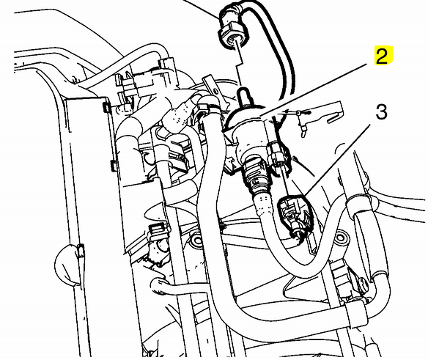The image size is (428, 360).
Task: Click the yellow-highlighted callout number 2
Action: [x=383, y=56]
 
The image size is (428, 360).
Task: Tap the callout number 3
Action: [x=382, y=112]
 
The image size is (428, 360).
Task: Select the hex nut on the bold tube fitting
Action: [x=233, y=35]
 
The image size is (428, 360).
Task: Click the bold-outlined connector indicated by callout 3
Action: [x=295, y=214]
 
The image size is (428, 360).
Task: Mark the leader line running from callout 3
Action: [x=337, y=160]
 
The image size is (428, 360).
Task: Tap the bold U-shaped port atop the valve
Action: [x=244, y=96]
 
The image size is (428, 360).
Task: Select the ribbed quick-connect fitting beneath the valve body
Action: [x=254, y=175]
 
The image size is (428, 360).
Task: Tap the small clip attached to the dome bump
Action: [x=81, y=251]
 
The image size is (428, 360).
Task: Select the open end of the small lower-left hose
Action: [x=155, y=285]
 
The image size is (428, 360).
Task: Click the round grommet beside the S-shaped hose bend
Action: [x=340, y=238]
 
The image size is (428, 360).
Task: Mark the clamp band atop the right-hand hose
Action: [x=360, y=201]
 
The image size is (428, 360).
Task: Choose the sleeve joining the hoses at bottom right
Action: [x=356, y=313]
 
